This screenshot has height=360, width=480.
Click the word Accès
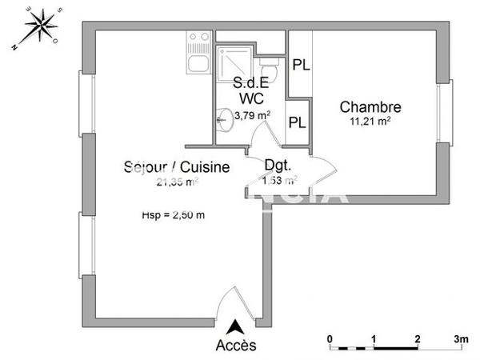tap(236, 346)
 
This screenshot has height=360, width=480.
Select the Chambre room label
tap(370, 107)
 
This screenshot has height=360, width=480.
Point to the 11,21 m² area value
tap(370, 122)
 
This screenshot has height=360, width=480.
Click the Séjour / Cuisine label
tap(177, 167)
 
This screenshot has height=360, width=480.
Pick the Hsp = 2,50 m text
tap(174, 214)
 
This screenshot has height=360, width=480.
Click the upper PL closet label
tap(300, 65)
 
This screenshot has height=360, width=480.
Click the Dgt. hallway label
tap(278, 167)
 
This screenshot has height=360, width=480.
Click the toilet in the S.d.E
tap(270, 71)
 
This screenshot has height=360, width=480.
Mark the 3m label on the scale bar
tap(461, 338)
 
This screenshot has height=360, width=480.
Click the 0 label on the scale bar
tap(330, 338)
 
